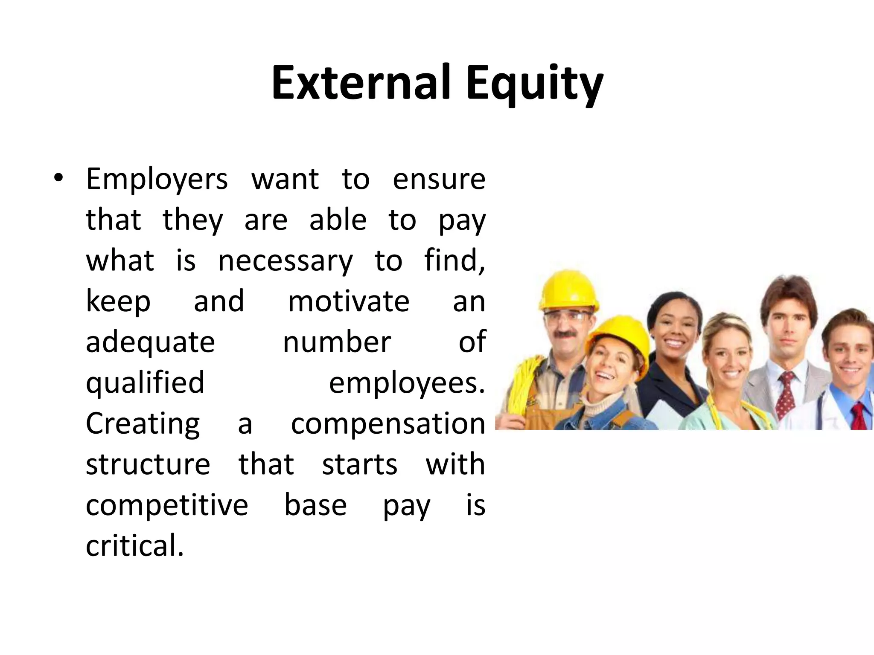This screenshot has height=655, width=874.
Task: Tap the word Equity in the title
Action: (x=534, y=84)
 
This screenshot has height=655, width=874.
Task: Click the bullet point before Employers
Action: (x=59, y=178)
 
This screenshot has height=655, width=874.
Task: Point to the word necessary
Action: (x=286, y=261)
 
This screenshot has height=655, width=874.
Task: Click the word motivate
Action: (x=349, y=301)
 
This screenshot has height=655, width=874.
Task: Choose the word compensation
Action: (x=388, y=424)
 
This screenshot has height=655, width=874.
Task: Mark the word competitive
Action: (x=167, y=506)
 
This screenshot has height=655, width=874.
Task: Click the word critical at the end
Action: (x=135, y=546)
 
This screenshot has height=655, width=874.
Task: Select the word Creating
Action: (x=143, y=424)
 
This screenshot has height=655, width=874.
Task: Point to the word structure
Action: (x=148, y=465)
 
